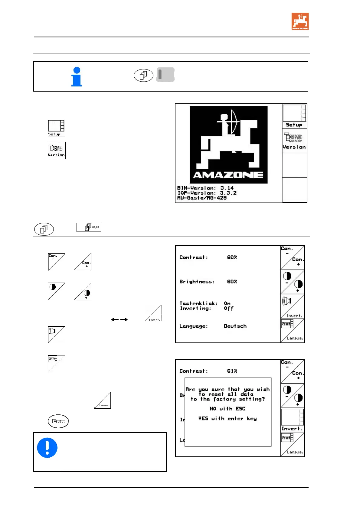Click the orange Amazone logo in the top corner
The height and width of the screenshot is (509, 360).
[x=300, y=21]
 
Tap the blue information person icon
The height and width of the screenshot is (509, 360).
[x=77, y=77]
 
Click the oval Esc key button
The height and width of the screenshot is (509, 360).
[x=58, y=421]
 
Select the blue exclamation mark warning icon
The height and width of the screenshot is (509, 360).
[x=47, y=447]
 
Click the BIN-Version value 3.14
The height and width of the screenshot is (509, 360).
[x=227, y=188]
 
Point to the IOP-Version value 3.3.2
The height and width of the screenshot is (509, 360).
[x=228, y=193]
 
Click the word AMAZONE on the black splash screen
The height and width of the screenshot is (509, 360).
[x=228, y=175]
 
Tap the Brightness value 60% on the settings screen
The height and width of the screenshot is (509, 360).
[x=232, y=281]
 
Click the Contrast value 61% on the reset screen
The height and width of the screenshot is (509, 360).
[x=232, y=371]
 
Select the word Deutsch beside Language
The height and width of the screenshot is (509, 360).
[x=235, y=326]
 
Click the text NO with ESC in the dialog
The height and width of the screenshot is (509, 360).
[x=227, y=409]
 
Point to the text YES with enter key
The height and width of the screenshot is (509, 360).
[x=227, y=419]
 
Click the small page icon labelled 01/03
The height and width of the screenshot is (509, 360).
[x=89, y=227]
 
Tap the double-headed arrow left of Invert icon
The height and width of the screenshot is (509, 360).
[x=119, y=319]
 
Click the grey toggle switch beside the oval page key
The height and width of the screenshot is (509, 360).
[x=165, y=75]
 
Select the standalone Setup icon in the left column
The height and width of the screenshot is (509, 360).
[x=56, y=128]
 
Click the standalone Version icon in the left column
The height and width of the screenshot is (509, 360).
[x=57, y=150]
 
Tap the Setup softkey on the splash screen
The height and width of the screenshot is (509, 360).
[x=294, y=116]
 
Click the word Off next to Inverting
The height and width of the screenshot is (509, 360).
[x=228, y=309]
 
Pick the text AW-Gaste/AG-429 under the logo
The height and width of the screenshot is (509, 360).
[x=202, y=198]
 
